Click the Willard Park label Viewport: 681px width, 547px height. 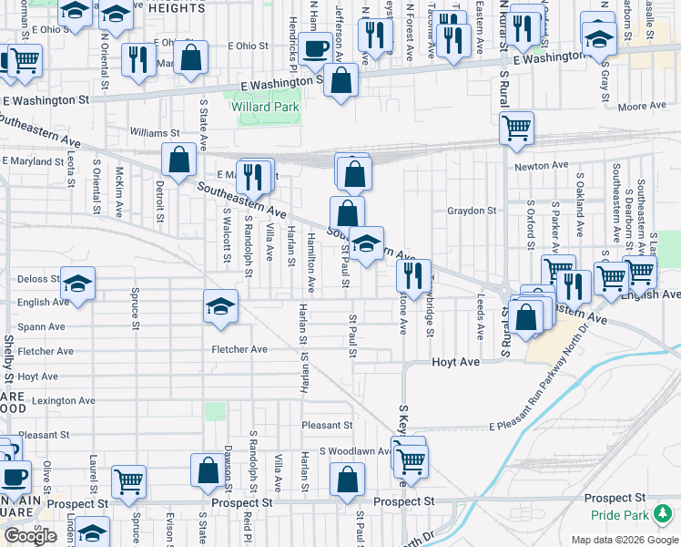coord(264,107)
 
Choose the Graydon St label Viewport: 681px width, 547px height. coord(472,211)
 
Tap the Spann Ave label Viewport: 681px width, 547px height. coord(41,326)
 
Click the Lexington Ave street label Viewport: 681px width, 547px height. coord(64,400)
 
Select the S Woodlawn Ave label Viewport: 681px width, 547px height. coord(354,451)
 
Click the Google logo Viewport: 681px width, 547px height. coord(30,536)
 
